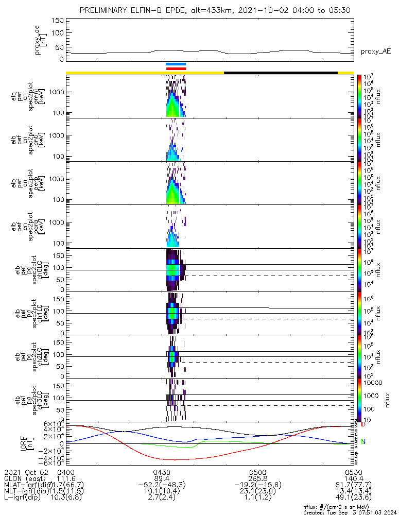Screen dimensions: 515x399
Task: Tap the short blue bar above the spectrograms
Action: click(176, 64)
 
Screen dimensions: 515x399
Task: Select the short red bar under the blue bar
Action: click(176, 68)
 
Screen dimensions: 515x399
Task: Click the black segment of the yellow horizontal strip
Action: click(281, 73)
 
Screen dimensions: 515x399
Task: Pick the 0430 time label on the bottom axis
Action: click(162, 472)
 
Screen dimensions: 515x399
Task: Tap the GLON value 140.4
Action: click(343, 478)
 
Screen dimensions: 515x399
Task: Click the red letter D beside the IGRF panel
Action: click(363, 425)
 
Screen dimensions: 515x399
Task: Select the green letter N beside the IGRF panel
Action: click(363, 441)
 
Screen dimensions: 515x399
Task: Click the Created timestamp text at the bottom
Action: click(350, 512)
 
